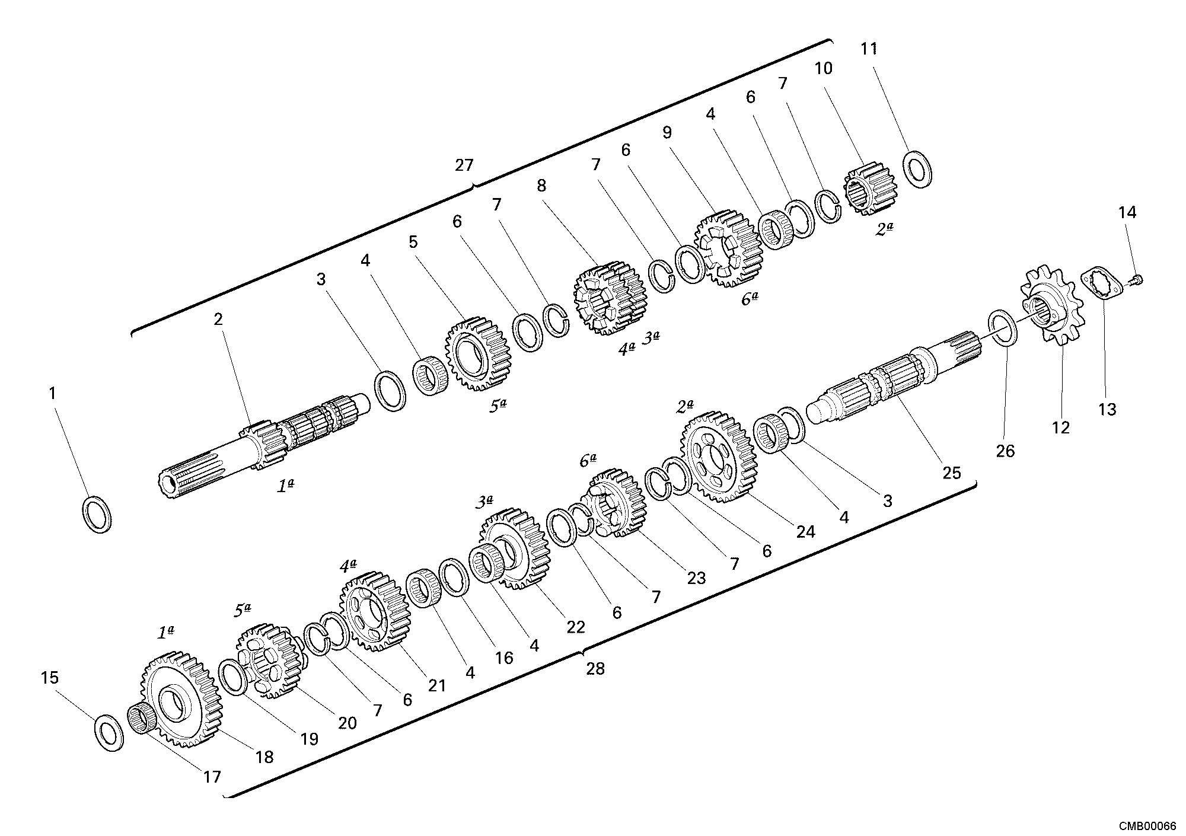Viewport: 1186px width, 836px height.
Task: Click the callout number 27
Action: (464, 165)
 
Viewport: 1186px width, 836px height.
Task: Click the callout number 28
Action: (595, 669)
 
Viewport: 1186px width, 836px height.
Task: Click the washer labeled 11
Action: (917, 169)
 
